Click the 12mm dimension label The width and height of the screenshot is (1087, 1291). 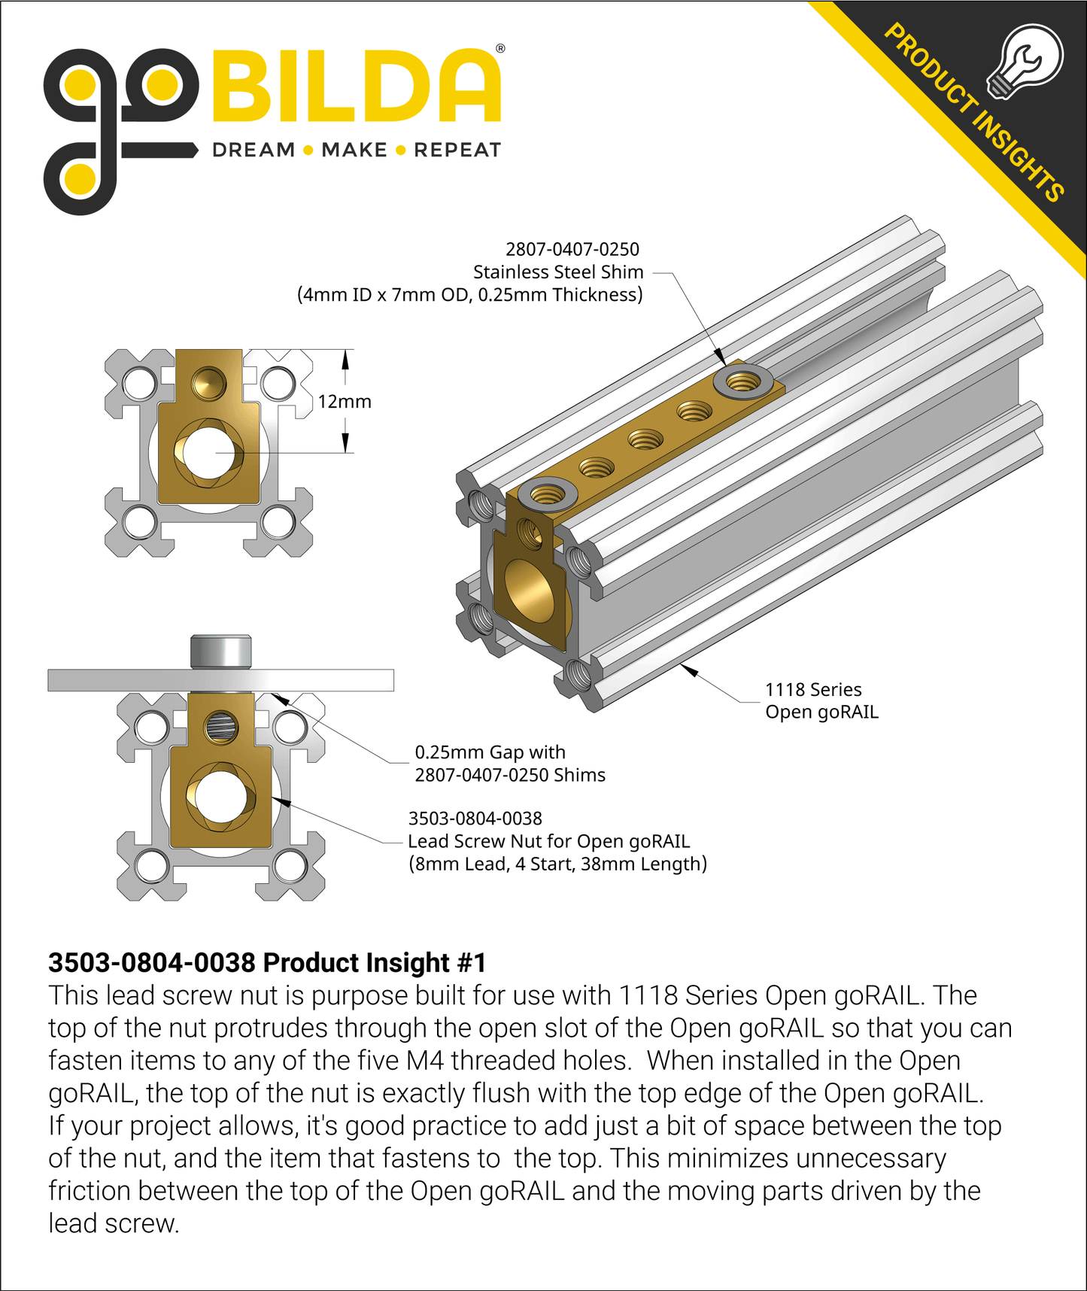(x=344, y=402)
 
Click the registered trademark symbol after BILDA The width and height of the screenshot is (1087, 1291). (x=500, y=49)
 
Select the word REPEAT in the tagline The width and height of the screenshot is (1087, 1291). (x=457, y=150)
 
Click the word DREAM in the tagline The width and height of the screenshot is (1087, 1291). (x=254, y=150)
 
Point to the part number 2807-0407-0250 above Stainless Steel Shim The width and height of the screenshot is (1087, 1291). (x=572, y=249)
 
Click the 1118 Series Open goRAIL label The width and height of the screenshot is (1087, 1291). (x=821, y=700)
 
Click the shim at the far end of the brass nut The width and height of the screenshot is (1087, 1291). (x=743, y=382)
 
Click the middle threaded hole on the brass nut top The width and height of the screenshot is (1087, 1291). (x=645, y=439)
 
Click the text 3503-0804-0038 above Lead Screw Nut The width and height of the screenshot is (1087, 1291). (x=475, y=819)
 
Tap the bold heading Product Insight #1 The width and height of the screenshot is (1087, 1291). (x=267, y=963)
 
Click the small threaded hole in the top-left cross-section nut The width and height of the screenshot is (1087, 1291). (x=208, y=383)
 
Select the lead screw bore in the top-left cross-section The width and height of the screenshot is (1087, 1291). (x=208, y=452)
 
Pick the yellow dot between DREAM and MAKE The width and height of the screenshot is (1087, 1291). (x=308, y=150)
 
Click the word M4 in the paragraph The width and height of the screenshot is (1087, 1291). (x=426, y=1061)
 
